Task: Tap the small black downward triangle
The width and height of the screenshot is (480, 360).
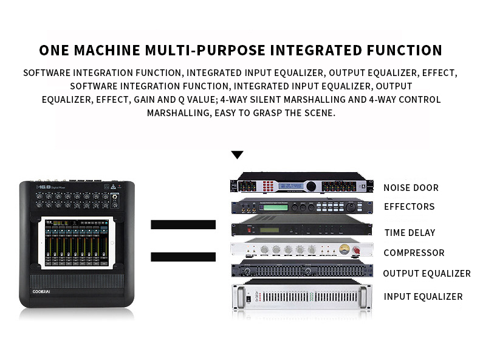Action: click(237, 155)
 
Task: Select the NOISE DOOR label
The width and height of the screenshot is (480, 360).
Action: click(411, 188)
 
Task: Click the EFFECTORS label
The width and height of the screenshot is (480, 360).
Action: click(409, 207)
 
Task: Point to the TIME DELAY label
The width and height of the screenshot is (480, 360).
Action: click(410, 233)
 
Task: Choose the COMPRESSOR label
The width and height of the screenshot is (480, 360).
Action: click(414, 253)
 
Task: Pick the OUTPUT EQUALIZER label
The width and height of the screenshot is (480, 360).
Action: click(427, 274)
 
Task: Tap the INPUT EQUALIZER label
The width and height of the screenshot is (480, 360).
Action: click(423, 297)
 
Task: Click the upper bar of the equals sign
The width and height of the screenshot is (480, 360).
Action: click(183, 225)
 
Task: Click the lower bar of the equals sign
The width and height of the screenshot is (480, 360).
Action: click(183, 256)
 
